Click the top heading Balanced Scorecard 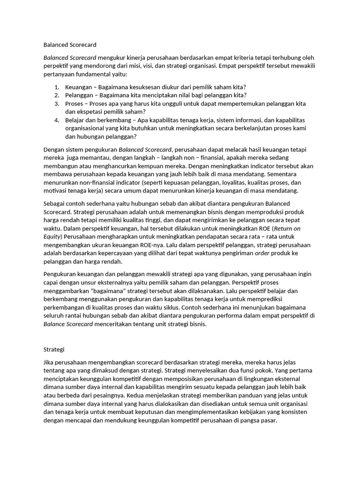click(70, 45)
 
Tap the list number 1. click(56, 87)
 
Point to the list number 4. click(56, 120)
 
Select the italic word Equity click(52, 237)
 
